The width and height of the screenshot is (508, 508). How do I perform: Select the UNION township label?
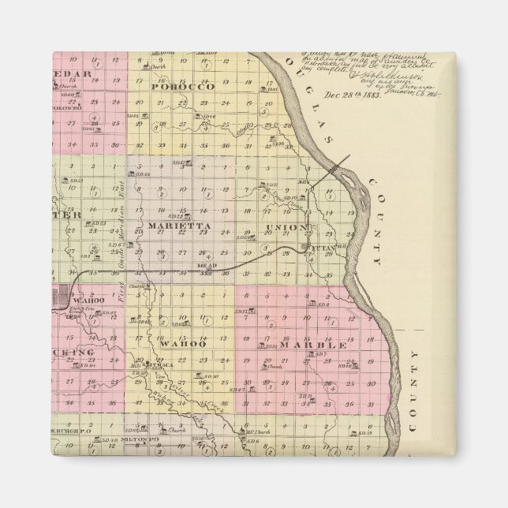tap(285, 228)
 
